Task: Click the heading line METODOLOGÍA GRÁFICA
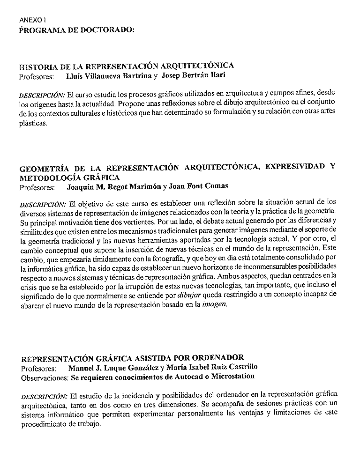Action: (69, 178)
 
